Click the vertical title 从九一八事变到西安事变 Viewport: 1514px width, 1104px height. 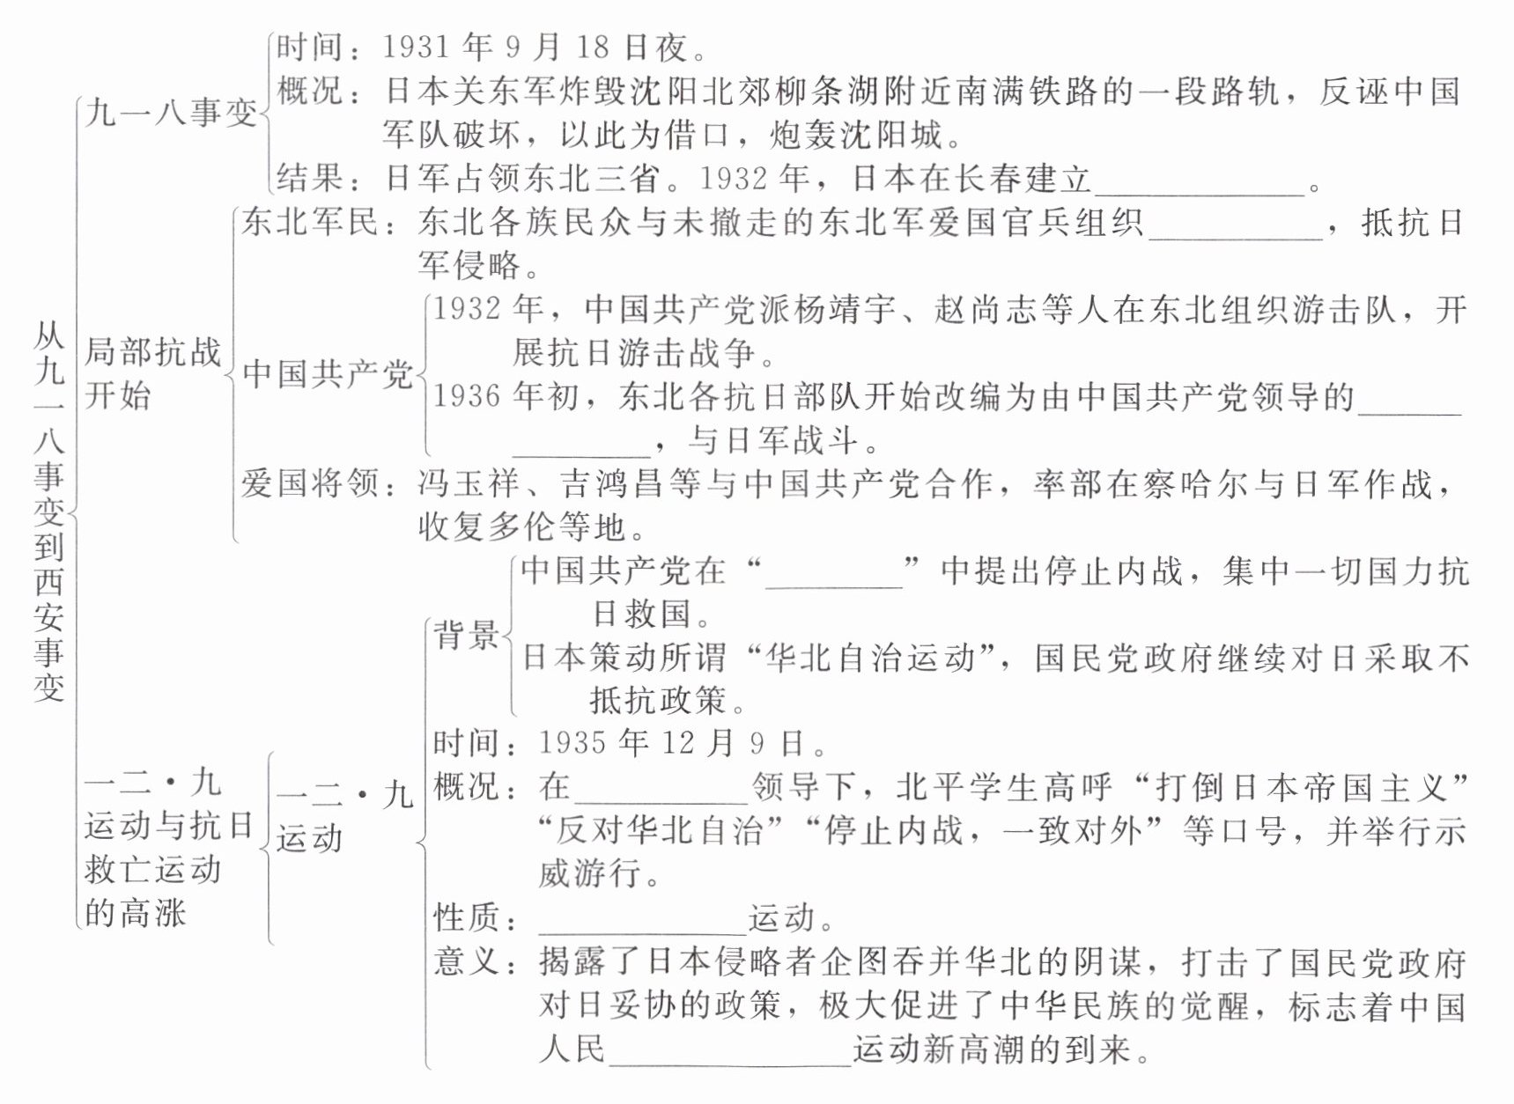[49, 511]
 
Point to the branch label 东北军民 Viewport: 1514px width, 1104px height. [309, 222]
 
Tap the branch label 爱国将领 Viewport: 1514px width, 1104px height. [309, 483]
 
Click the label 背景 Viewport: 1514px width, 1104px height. [466, 635]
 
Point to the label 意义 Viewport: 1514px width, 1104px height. [466, 961]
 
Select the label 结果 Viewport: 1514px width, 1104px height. [309, 179]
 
